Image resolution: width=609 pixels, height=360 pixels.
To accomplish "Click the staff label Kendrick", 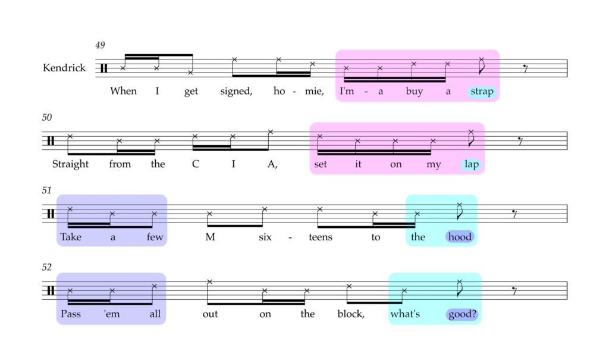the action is (64, 68).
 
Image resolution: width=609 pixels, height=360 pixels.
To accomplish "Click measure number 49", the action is (100, 45).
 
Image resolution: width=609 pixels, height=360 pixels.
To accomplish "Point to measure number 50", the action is (46, 117).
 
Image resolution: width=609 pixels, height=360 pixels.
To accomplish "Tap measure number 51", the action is (46, 190).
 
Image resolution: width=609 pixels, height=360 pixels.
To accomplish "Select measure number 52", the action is (46, 267).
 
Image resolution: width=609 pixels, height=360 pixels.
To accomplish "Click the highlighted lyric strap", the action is (482, 92).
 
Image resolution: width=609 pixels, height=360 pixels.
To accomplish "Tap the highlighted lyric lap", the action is (472, 164).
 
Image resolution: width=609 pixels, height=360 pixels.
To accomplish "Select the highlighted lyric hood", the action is (460, 237).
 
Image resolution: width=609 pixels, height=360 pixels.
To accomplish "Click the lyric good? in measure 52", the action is (462, 314).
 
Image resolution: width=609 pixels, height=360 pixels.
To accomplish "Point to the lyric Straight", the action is (70, 164).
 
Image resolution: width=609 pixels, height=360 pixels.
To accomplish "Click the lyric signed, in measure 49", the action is (236, 92).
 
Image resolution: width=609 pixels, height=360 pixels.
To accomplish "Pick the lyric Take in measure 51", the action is (71, 237).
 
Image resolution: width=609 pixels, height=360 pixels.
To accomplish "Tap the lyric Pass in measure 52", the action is (71, 314).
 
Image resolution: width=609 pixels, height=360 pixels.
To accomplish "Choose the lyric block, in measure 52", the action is (351, 314).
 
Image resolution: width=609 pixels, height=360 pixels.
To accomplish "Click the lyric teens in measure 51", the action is (321, 237).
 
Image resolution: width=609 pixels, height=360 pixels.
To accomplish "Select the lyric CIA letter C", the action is (195, 164).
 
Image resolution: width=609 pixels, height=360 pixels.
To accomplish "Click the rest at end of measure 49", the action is (526, 69).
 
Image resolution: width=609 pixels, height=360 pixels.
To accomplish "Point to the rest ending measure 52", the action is (514, 290).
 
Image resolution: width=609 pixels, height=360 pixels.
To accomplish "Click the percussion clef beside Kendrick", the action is (103, 68).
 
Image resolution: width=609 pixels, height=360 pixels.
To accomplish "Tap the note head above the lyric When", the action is (123, 68).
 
